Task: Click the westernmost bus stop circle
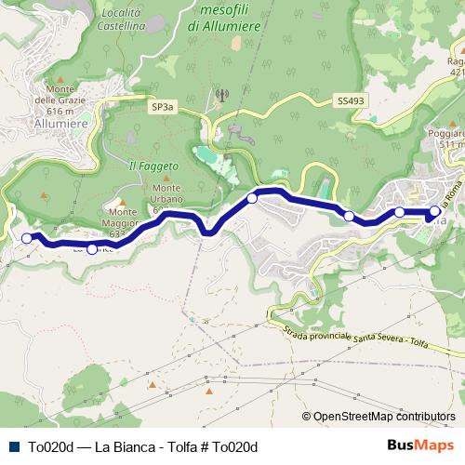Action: coord(27,238)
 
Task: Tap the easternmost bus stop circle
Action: coord(434,211)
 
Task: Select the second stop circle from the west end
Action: coord(91,248)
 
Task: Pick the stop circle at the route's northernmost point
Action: coord(252,197)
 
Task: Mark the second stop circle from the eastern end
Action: coord(400,212)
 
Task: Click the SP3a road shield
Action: coord(163,108)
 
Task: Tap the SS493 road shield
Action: coord(350,100)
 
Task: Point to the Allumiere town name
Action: coord(60,122)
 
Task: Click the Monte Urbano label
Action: coord(161,198)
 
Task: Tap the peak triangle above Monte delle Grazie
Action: coord(61,79)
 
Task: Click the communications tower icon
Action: coord(221,94)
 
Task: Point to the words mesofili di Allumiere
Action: coord(230,18)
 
